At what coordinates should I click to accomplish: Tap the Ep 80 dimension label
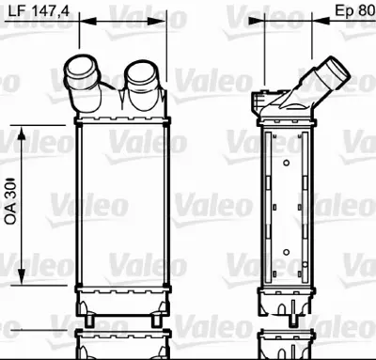click(x=355, y=10)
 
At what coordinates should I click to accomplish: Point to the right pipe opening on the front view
click(x=144, y=68)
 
